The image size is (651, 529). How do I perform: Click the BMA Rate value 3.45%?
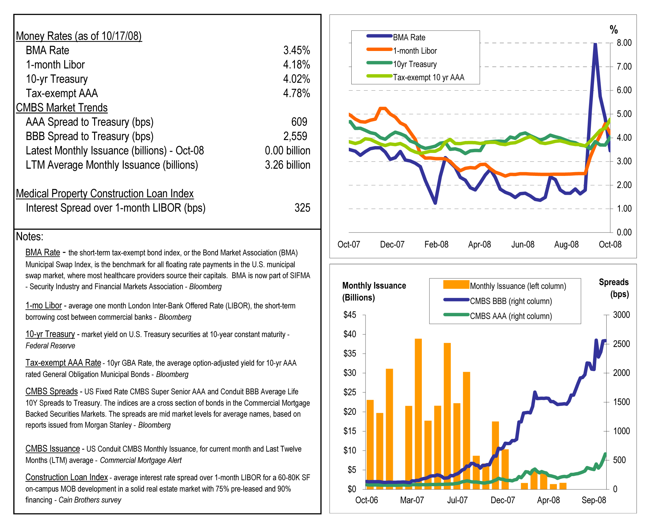pyautogui.click(x=296, y=50)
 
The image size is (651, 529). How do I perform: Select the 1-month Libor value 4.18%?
pyautogui.click(x=296, y=65)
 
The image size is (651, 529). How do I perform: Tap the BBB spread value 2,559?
pyautogui.click(x=295, y=136)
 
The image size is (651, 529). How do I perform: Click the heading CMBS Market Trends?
pyautogui.click(x=62, y=108)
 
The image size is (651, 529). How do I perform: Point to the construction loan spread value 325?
pyautogui.click(x=302, y=208)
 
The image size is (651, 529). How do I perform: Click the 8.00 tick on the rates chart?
pyautogui.click(x=624, y=43)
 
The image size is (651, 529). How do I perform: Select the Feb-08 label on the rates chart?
pyautogui.click(x=436, y=245)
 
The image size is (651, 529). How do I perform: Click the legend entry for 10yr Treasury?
pyautogui.click(x=415, y=64)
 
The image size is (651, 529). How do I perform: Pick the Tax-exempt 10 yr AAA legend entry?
pyautogui.click(x=428, y=77)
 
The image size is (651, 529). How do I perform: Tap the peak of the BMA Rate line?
pyautogui.click(x=595, y=44)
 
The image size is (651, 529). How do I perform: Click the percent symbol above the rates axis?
pyautogui.click(x=614, y=30)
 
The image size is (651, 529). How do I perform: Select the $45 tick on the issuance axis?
pyautogui.click(x=350, y=315)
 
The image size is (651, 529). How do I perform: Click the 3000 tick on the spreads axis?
pyautogui.click(x=621, y=315)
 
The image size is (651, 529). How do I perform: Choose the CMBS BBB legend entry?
pyautogui.click(x=511, y=301)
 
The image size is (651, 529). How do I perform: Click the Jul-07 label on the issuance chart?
pyautogui.click(x=457, y=500)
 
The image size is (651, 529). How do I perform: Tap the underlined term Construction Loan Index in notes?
pyautogui.click(x=67, y=477)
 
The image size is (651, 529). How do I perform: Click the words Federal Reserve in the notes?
pyautogui.click(x=50, y=346)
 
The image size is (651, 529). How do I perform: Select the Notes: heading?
pyautogui.click(x=30, y=237)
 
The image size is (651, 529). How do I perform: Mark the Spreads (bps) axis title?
pyautogui.click(x=614, y=288)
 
